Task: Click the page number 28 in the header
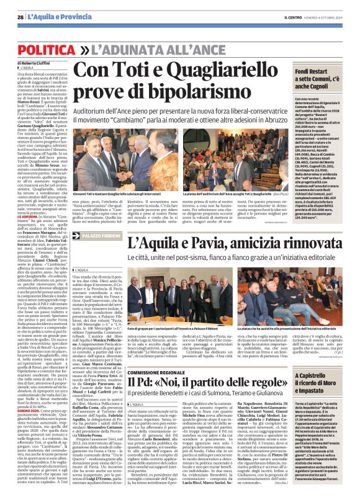(x=20, y=17)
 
